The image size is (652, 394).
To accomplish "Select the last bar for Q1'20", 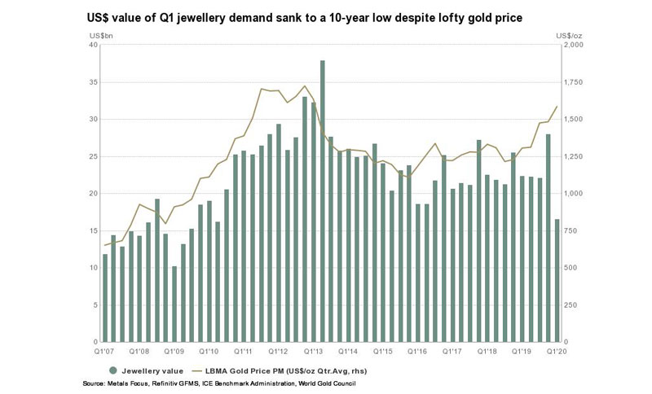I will click(557, 281).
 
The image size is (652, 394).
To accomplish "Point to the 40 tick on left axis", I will click(93, 45).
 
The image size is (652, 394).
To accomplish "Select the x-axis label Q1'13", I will click(315, 351).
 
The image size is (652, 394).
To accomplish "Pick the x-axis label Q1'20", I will click(557, 351).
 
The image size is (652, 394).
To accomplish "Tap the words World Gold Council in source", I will click(329, 383).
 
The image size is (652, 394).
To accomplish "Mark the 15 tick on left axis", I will click(93, 230).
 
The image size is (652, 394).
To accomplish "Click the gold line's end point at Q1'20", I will click(557, 107).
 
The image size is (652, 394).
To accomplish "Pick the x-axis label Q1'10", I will click(209, 351).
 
